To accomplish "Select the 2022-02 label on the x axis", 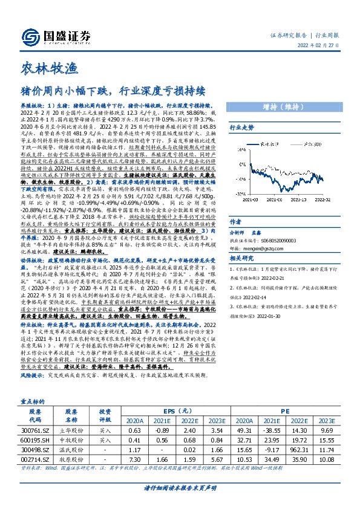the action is pyautogui.click(x=322, y=199).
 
